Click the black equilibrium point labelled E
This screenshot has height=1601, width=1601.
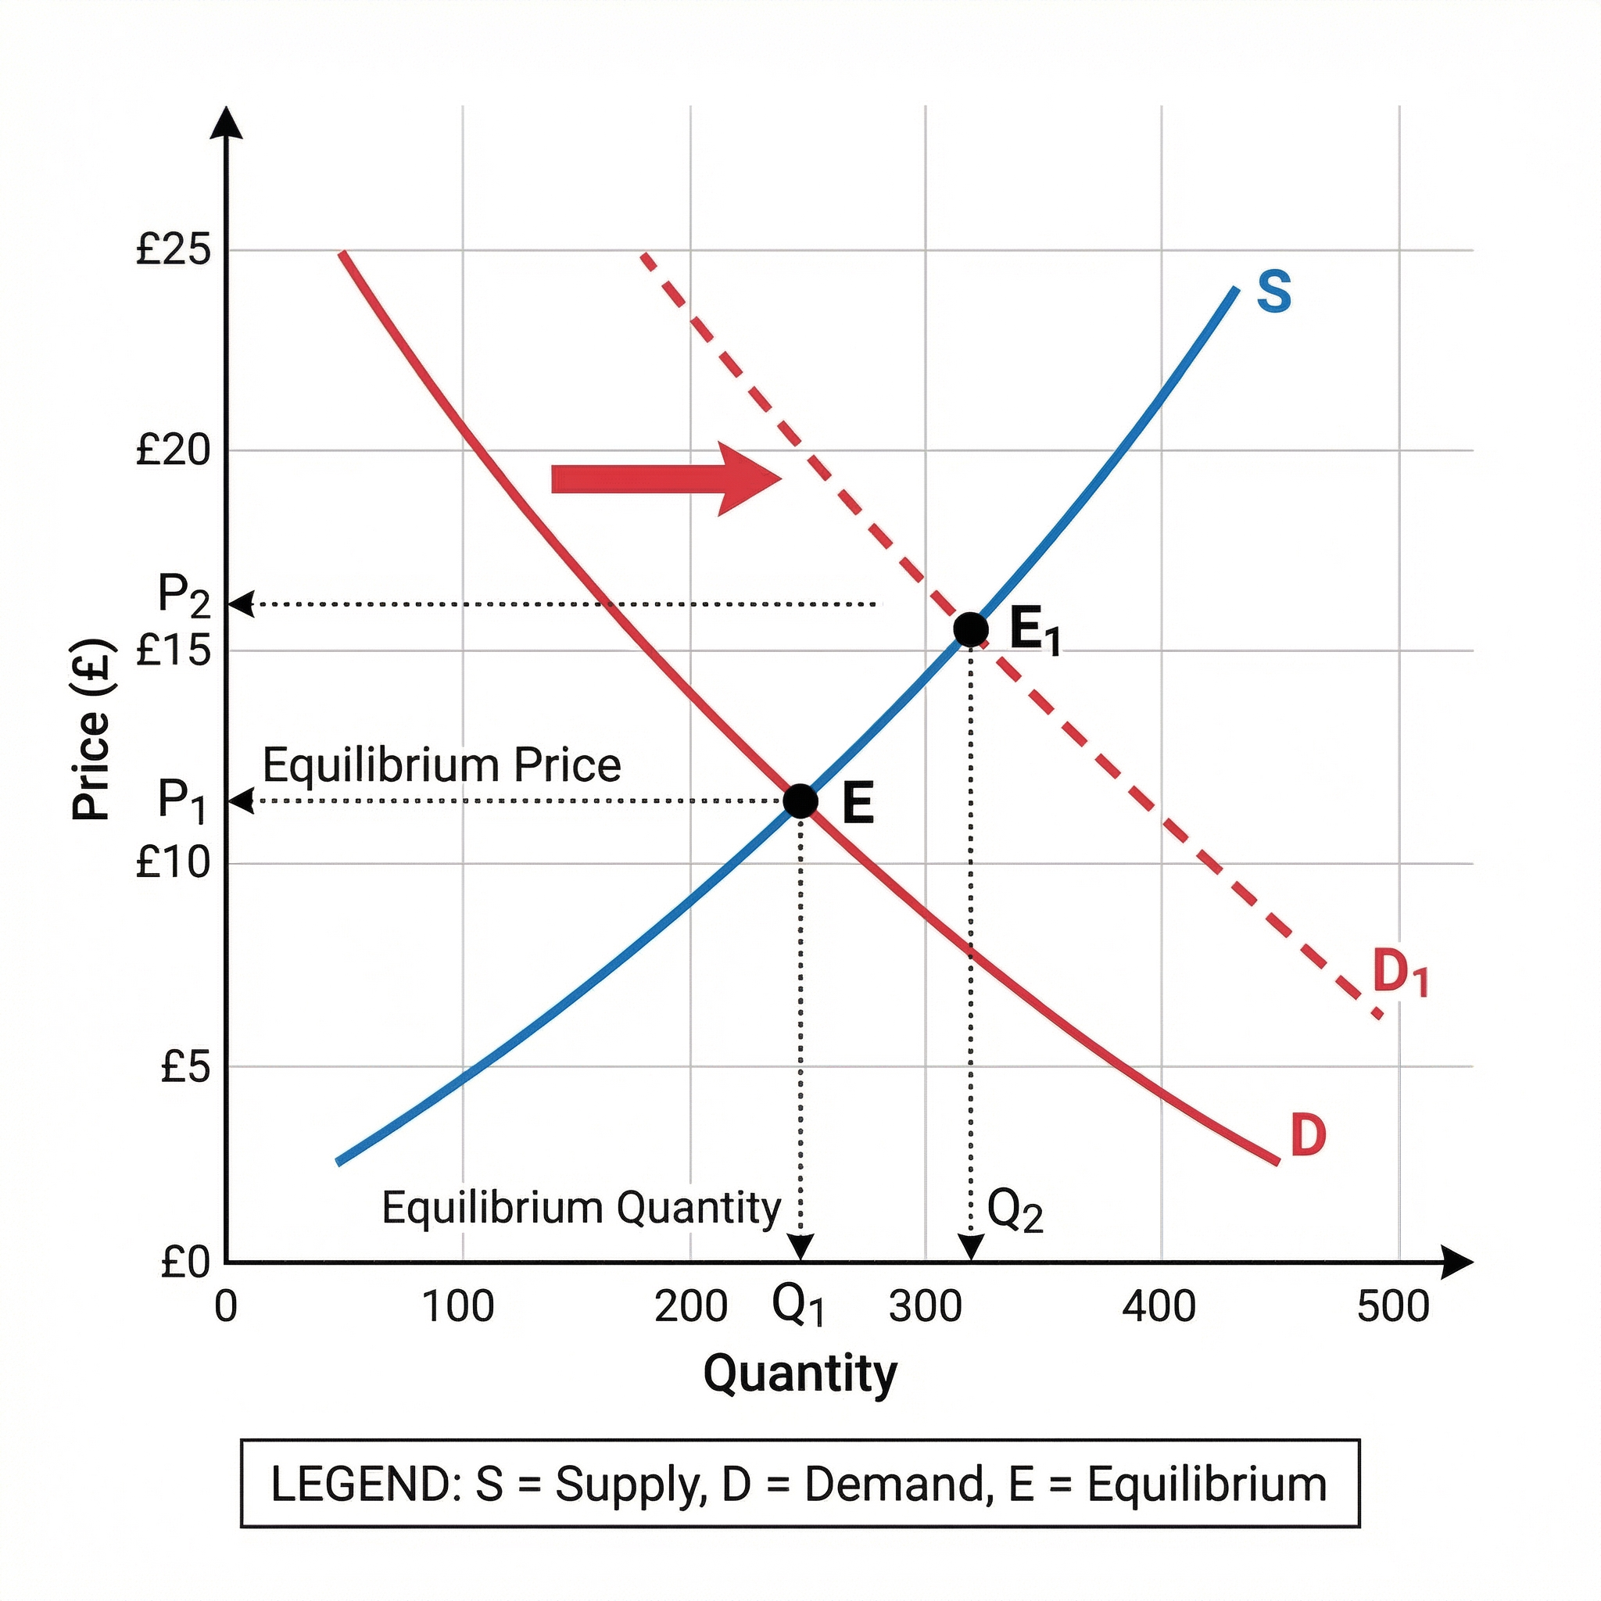click(x=800, y=800)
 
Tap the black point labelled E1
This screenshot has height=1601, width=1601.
click(x=970, y=630)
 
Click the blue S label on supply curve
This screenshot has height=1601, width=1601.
click(x=1273, y=292)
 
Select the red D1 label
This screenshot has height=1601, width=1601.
click(x=1399, y=972)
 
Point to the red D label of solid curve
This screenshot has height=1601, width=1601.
click(x=1308, y=1134)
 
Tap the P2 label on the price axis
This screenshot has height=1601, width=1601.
click(x=184, y=595)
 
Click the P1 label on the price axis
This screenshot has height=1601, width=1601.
click(x=181, y=800)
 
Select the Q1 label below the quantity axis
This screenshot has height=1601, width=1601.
click(x=797, y=1306)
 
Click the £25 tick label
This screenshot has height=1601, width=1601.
click(x=174, y=249)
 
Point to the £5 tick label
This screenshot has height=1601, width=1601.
click(x=185, y=1066)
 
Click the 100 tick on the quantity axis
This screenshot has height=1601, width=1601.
click(x=458, y=1307)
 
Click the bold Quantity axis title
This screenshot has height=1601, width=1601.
click(x=800, y=1373)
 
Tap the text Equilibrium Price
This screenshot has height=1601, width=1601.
click(x=442, y=764)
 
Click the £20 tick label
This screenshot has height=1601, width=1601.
click(x=174, y=450)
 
